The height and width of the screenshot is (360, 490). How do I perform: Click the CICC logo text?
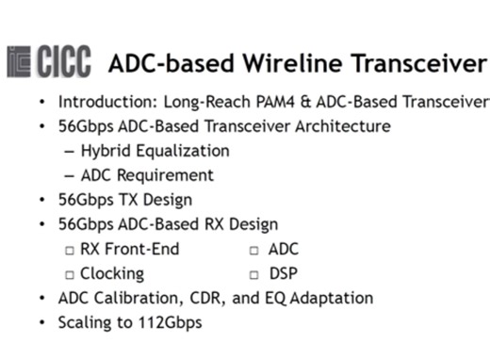pos(63,63)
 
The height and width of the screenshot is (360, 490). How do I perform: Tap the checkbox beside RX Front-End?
pos(70,250)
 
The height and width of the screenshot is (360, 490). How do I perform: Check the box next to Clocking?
pos(70,274)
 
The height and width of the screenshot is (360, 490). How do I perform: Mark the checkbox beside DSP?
pos(254,274)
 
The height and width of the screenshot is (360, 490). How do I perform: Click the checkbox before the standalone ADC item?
pos(254,250)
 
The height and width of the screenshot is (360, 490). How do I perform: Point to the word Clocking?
pos(112,274)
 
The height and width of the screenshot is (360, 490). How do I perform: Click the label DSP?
pos(284,274)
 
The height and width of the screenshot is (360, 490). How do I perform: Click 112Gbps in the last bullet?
pos(168,322)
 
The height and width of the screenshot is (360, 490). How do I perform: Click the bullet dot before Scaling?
pos(41,322)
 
